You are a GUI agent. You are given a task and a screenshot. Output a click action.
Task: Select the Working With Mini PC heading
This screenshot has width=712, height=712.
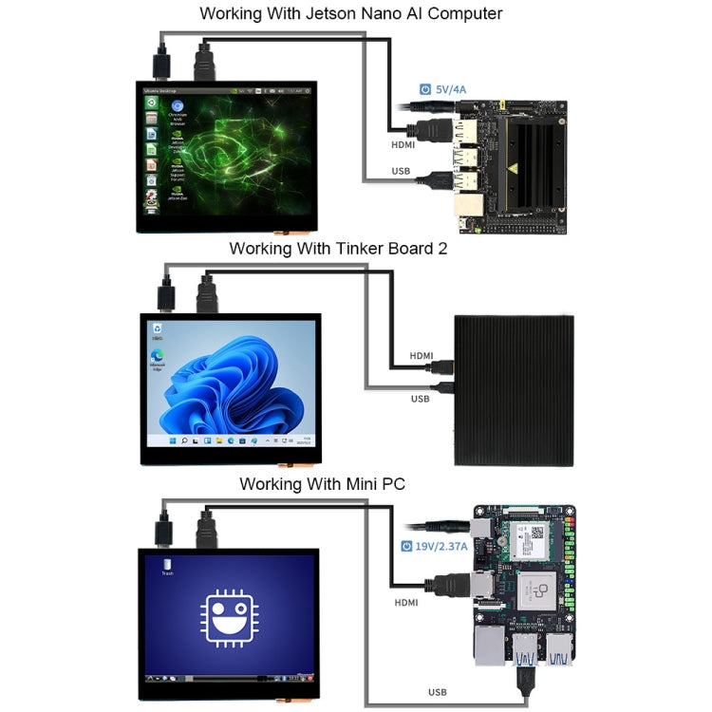(x=322, y=483)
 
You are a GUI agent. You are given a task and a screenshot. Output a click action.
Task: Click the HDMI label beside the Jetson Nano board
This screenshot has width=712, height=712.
(x=403, y=145)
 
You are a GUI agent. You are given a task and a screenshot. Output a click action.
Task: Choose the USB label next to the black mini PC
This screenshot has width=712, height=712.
(x=419, y=399)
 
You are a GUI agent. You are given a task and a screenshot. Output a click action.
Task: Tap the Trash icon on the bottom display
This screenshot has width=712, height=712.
(x=167, y=566)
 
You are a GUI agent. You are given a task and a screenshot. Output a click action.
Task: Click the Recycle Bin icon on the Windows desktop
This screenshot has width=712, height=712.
(x=157, y=328)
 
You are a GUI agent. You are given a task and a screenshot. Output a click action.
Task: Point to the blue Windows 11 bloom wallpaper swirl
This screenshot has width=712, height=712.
(x=233, y=389)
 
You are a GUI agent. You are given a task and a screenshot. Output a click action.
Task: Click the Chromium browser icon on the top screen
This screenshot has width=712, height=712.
(x=177, y=106)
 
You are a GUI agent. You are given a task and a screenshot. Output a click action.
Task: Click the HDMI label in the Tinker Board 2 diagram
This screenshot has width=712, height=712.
(x=422, y=356)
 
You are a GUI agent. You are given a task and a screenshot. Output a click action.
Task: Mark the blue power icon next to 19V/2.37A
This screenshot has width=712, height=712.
(x=407, y=547)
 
